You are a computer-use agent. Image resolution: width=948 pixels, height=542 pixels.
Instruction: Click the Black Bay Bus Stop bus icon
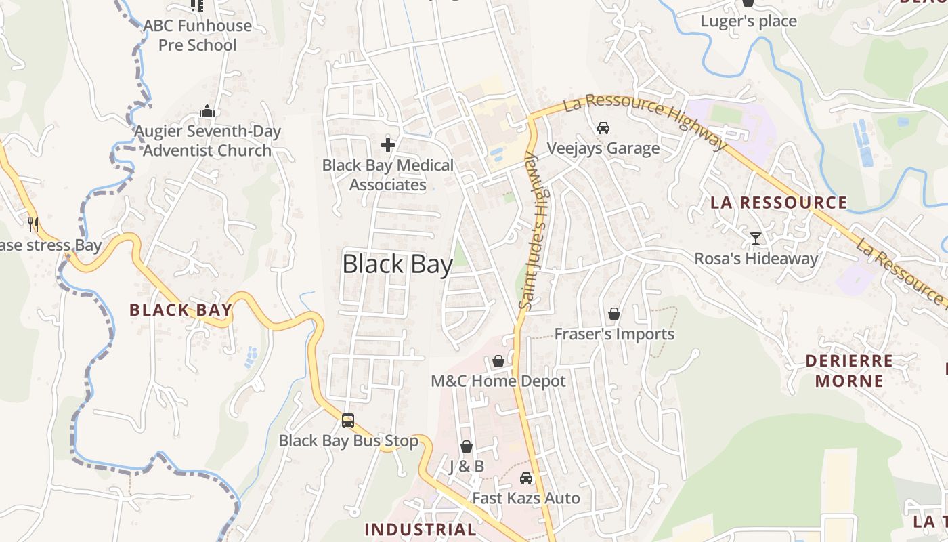(347, 421)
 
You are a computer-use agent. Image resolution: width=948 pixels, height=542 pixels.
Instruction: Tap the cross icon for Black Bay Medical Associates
(388, 144)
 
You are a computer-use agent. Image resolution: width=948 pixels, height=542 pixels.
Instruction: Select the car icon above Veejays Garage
(603, 127)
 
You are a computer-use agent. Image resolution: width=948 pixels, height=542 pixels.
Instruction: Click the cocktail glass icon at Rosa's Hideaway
(756, 238)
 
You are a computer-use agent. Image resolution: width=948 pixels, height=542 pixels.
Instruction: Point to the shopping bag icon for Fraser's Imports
(614, 314)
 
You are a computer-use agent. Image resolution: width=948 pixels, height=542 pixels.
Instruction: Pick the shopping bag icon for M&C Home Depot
(498, 361)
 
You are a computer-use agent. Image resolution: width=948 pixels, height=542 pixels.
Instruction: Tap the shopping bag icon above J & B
(467, 446)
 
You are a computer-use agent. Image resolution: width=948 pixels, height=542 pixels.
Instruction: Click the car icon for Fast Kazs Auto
(525, 478)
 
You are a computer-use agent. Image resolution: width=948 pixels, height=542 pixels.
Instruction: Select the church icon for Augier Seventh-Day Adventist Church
(207, 112)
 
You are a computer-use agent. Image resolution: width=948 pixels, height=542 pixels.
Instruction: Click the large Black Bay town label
(397, 264)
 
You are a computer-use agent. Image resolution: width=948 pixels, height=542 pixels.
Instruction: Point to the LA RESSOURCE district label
(779, 203)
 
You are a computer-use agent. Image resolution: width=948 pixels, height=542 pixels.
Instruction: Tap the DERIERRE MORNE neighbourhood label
(849, 371)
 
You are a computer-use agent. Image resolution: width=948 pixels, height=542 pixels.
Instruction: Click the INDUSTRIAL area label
(421, 529)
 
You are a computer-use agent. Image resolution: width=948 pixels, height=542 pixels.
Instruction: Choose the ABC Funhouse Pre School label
(197, 36)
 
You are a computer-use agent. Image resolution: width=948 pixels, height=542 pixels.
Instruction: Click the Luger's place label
(748, 21)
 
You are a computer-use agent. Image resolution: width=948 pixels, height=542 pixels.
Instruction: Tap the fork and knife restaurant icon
(33, 224)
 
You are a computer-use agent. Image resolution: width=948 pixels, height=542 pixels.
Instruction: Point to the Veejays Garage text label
(603, 148)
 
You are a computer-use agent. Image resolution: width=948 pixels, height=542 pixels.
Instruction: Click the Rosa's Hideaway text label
(756, 258)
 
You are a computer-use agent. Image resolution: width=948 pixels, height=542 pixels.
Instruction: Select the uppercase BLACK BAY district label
(181, 310)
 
